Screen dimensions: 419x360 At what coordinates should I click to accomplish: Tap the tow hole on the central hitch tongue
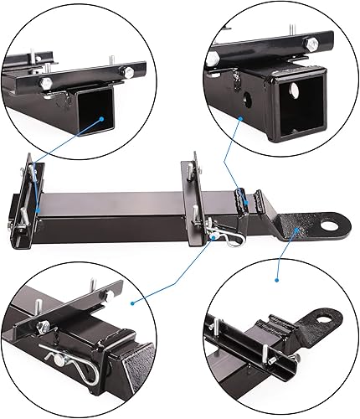pos(322,225)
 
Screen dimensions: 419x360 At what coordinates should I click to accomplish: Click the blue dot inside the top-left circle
pos(101,120)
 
